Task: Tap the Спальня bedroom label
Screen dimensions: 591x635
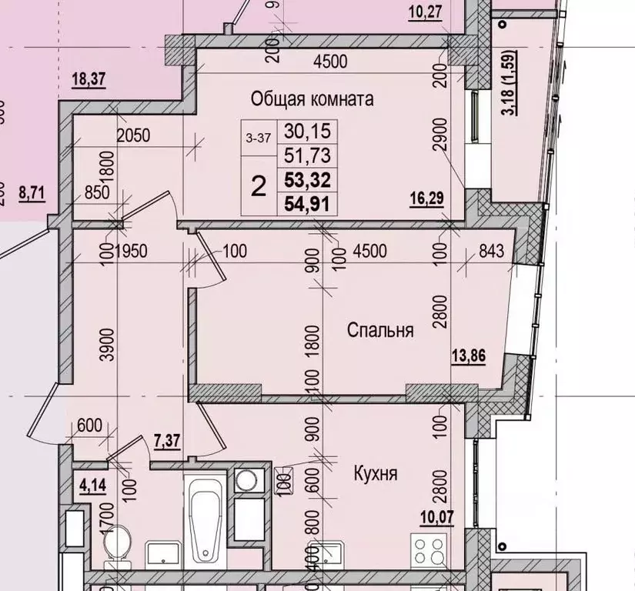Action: (380, 331)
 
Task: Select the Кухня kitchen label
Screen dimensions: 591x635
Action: (375, 473)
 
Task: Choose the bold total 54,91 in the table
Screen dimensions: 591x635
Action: (306, 205)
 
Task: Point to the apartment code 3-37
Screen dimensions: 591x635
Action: (258, 138)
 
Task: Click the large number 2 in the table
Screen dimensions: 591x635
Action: (260, 185)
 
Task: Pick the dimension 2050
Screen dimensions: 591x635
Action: (133, 135)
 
